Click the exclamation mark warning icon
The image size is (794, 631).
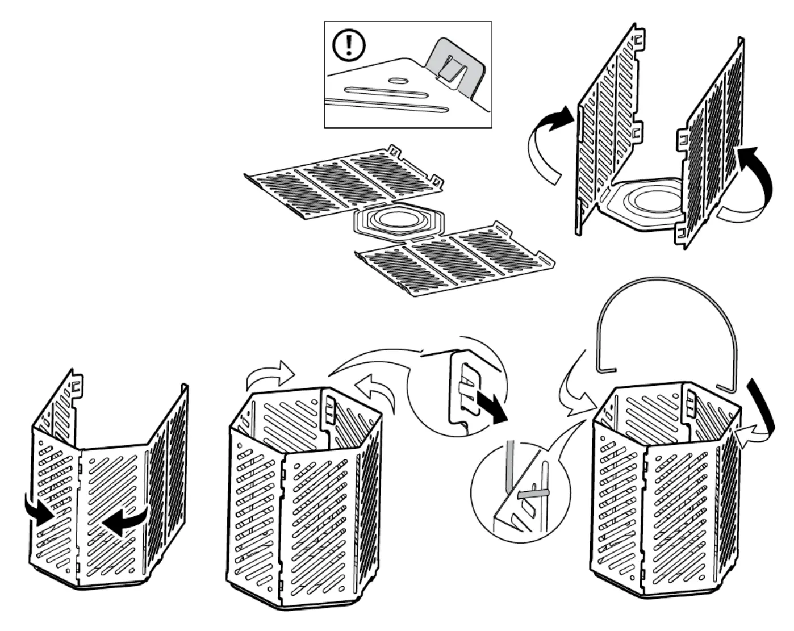(349, 45)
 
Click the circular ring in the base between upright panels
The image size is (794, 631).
(653, 202)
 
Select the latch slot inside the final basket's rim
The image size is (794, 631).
(691, 400)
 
